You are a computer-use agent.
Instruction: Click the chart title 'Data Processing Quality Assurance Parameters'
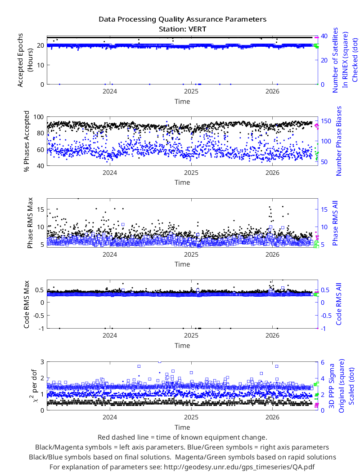click(x=183, y=19)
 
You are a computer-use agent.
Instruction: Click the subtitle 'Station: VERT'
click(x=183, y=29)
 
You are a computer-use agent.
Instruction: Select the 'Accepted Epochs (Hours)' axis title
click(x=25, y=60)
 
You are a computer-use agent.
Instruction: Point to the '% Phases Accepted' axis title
click(x=27, y=141)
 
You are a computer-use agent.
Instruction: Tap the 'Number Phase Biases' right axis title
click(x=339, y=141)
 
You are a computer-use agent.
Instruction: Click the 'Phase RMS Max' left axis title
click(x=30, y=223)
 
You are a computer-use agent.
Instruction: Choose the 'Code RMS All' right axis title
click(x=339, y=304)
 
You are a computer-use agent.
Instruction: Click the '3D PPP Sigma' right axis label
click(x=332, y=386)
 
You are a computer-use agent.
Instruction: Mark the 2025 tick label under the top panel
click(x=191, y=91)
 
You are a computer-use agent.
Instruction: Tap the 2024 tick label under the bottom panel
click(x=110, y=417)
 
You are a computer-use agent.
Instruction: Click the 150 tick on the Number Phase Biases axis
click(x=326, y=121)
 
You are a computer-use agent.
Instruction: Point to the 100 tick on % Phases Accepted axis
click(x=39, y=117)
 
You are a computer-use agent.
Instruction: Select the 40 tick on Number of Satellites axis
click(x=324, y=36)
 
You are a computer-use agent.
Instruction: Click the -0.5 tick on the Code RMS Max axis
click(x=38, y=316)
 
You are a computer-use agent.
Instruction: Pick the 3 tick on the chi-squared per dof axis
click(x=42, y=361)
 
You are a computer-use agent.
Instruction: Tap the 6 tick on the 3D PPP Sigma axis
click(x=323, y=362)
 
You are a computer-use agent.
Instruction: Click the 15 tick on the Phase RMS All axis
click(x=324, y=209)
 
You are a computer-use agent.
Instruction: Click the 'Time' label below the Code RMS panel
click(x=182, y=346)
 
